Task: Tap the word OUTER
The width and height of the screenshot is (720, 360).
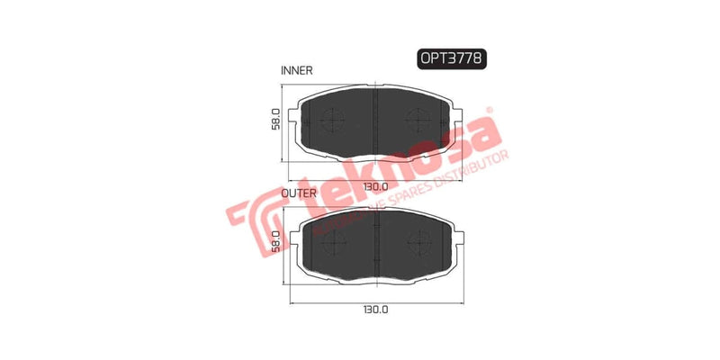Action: pos(298,193)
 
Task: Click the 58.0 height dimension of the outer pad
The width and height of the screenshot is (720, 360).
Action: pos(276,240)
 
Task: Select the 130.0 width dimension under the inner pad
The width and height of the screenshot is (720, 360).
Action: pos(374,185)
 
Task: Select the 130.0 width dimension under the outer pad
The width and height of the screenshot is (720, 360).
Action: pos(374,309)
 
